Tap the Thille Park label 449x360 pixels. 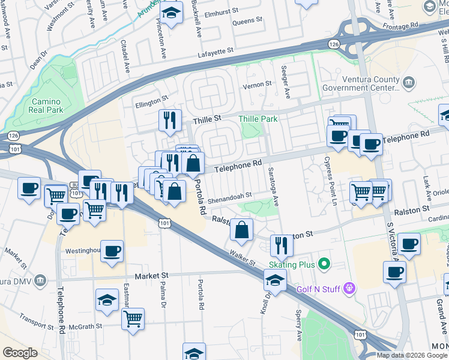point(258,119)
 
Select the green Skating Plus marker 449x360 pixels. point(325,263)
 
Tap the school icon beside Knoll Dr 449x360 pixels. point(275,280)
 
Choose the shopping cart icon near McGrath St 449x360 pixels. point(133,318)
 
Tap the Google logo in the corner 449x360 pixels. point(20,353)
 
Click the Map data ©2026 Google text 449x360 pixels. point(411,355)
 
